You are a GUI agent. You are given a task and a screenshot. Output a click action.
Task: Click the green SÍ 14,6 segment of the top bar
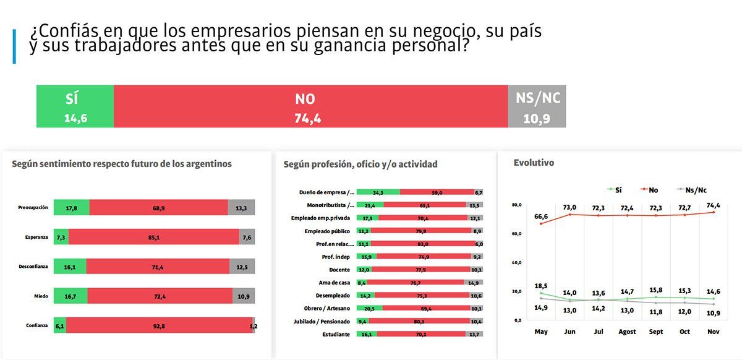point(75,106)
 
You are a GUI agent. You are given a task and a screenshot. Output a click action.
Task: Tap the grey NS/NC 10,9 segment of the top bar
point(536,106)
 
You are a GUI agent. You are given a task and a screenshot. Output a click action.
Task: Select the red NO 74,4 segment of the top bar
point(310,106)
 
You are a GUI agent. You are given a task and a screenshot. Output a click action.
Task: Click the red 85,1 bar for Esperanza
point(153,237)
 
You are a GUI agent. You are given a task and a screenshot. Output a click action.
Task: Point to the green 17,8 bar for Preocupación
point(72,207)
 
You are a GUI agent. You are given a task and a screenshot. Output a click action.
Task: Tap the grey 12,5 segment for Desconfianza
point(241,266)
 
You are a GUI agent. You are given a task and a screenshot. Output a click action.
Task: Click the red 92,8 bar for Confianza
point(159,325)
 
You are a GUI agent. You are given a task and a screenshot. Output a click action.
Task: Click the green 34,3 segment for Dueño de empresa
point(378,192)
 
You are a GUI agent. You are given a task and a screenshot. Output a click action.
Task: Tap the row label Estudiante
point(336,334)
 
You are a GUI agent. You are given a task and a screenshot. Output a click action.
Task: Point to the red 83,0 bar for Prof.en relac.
point(423,244)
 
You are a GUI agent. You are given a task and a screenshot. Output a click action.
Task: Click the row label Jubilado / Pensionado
point(322,321)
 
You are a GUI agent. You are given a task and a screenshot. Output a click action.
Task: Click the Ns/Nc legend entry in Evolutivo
point(692,190)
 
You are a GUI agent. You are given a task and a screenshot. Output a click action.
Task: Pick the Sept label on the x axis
point(657,332)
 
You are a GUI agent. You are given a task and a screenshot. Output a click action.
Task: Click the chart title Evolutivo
point(534,163)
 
